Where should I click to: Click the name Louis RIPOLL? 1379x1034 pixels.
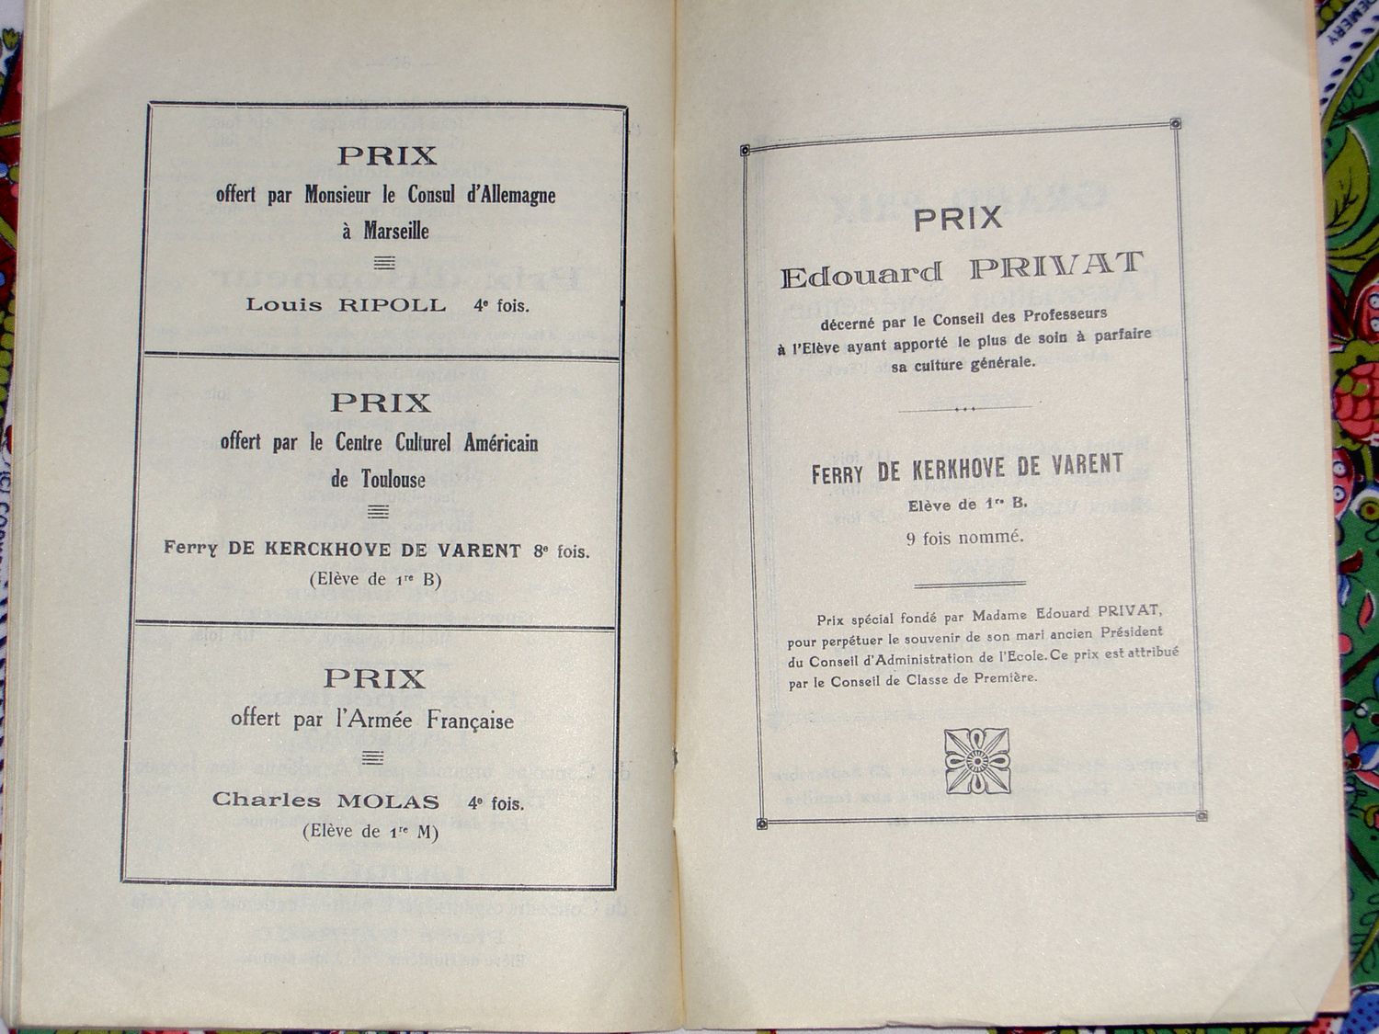point(346,305)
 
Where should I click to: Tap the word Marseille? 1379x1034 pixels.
point(396,231)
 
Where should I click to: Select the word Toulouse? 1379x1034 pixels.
point(393,479)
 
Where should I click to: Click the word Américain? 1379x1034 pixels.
point(501,443)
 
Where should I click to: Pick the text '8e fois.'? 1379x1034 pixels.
point(561,551)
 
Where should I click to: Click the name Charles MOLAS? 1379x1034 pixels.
point(325,801)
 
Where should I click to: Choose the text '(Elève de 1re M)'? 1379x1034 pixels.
point(370,832)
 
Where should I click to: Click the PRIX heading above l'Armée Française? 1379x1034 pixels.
point(374,679)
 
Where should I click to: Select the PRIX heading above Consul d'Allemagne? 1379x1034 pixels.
point(386,156)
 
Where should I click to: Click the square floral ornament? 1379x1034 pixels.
point(977,761)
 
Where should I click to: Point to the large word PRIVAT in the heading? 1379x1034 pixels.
point(1056,267)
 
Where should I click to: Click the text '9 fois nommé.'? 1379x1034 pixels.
point(964,538)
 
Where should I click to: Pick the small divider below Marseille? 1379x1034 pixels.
point(384,264)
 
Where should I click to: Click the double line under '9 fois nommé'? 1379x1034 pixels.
point(970,584)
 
